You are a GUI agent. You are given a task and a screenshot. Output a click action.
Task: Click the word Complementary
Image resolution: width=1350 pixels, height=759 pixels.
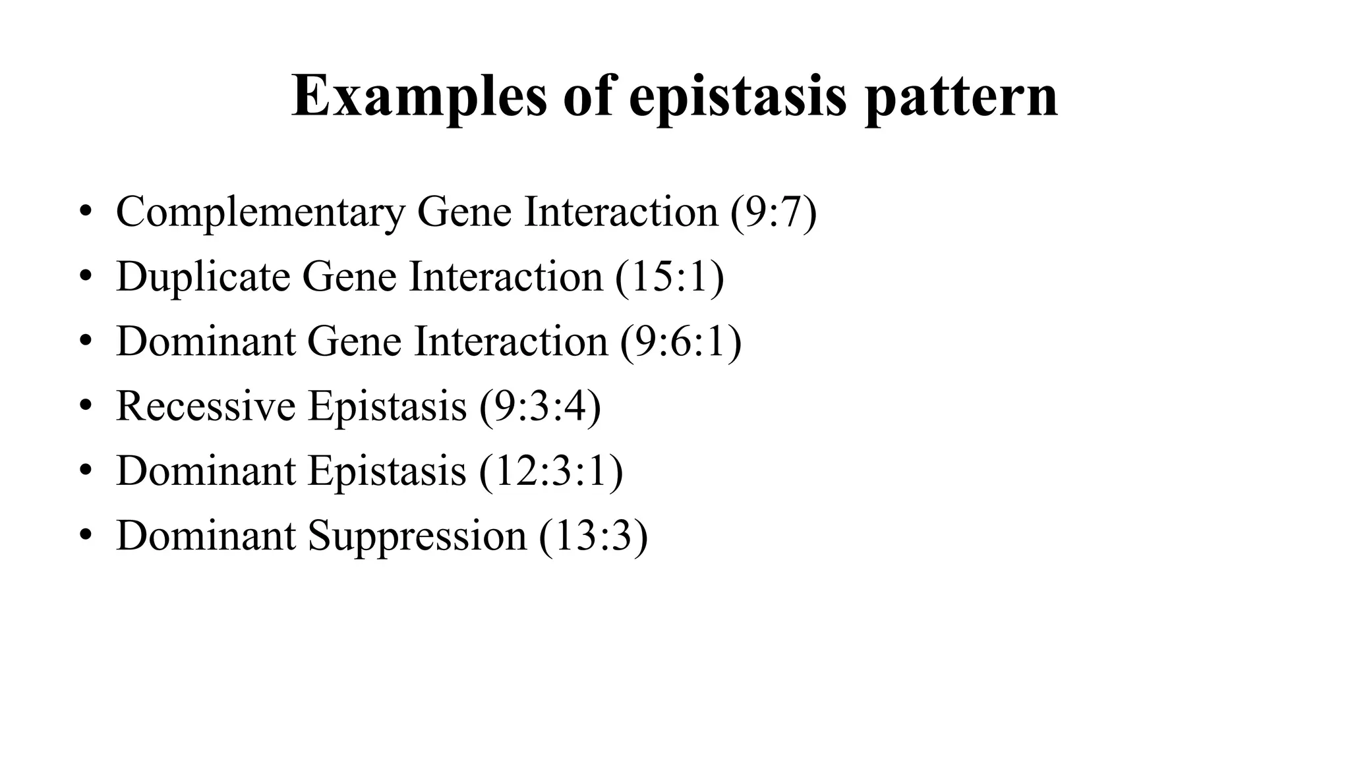click(x=260, y=212)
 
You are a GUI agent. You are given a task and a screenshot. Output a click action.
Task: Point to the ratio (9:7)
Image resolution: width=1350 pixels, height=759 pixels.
click(x=773, y=212)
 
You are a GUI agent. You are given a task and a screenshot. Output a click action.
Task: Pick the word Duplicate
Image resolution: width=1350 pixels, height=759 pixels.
click(x=203, y=276)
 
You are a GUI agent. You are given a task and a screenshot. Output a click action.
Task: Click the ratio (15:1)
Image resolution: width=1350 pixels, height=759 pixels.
click(x=670, y=276)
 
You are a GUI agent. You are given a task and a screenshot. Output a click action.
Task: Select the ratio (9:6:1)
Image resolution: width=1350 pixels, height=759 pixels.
click(x=680, y=341)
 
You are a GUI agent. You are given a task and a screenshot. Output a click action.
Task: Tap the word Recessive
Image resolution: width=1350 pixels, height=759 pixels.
click(x=206, y=406)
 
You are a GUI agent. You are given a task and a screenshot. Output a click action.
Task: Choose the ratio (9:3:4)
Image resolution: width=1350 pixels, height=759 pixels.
click(x=540, y=406)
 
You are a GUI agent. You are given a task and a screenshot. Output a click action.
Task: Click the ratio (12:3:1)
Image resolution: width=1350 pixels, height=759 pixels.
click(x=551, y=471)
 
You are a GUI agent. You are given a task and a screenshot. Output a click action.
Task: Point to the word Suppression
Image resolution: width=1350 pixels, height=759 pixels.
click(x=417, y=536)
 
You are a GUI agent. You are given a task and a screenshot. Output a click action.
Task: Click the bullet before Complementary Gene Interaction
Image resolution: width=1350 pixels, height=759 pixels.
click(x=85, y=212)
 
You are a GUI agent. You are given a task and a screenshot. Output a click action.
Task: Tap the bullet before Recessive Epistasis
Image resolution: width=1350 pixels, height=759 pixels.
click(x=85, y=406)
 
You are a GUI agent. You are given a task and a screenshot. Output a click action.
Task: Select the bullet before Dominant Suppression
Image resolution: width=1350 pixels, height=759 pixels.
click(x=85, y=536)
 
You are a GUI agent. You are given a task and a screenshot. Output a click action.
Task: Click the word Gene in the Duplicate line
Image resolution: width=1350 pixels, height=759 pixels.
click(x=349, y=276)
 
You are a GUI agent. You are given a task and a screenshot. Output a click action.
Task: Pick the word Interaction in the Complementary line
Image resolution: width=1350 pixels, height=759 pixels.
click(x=621, y=212)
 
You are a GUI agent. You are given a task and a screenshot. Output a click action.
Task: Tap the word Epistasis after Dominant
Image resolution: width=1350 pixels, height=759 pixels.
click(x=387, y=471)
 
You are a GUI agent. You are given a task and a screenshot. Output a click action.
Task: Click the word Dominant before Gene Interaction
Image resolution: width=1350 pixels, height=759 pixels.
click(x=206, y=341)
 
